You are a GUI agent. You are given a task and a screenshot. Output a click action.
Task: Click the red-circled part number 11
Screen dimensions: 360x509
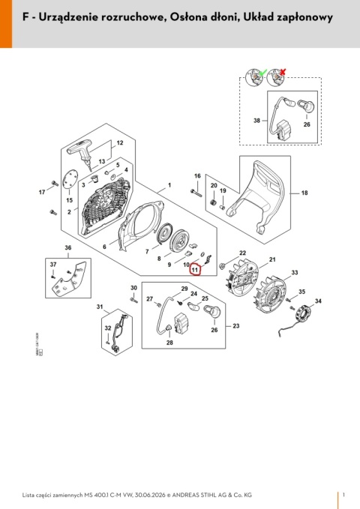click(195, 269)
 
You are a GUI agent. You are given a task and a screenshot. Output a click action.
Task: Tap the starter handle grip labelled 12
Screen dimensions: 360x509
click(80, 150)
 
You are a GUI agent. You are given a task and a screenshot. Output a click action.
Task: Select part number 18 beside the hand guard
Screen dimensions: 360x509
click(304, 193)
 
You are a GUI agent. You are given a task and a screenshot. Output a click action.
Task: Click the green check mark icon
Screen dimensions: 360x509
click(263, 73)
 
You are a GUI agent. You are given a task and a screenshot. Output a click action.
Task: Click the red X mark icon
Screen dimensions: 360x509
click(282, 72)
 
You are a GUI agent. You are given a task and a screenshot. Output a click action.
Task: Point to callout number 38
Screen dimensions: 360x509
click(256, 121)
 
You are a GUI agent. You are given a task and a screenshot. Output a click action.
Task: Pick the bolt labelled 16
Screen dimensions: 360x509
click(196, 193)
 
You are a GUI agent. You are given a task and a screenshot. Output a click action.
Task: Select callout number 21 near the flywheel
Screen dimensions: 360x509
click(272, 259)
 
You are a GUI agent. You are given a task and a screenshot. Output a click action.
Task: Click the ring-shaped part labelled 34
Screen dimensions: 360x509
click(303, 313)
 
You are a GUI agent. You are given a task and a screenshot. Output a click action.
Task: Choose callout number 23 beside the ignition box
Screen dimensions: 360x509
click(236, 325)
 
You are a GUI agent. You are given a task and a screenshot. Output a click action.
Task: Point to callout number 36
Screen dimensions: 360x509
click(68, 247)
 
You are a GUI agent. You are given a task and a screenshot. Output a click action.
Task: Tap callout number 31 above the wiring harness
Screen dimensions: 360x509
click(100, 307)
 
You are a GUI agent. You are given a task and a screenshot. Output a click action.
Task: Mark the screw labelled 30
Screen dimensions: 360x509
click(133, 299)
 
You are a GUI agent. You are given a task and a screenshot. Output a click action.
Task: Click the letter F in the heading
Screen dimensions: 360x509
click(25, 17)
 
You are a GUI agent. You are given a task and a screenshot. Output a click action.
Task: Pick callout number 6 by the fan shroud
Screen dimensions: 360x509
click(104, 247)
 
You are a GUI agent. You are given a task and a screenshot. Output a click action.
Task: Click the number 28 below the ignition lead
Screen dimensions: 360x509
click(169, 343)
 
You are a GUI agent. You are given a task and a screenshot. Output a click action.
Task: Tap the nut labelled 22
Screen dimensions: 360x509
click(223, 266)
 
